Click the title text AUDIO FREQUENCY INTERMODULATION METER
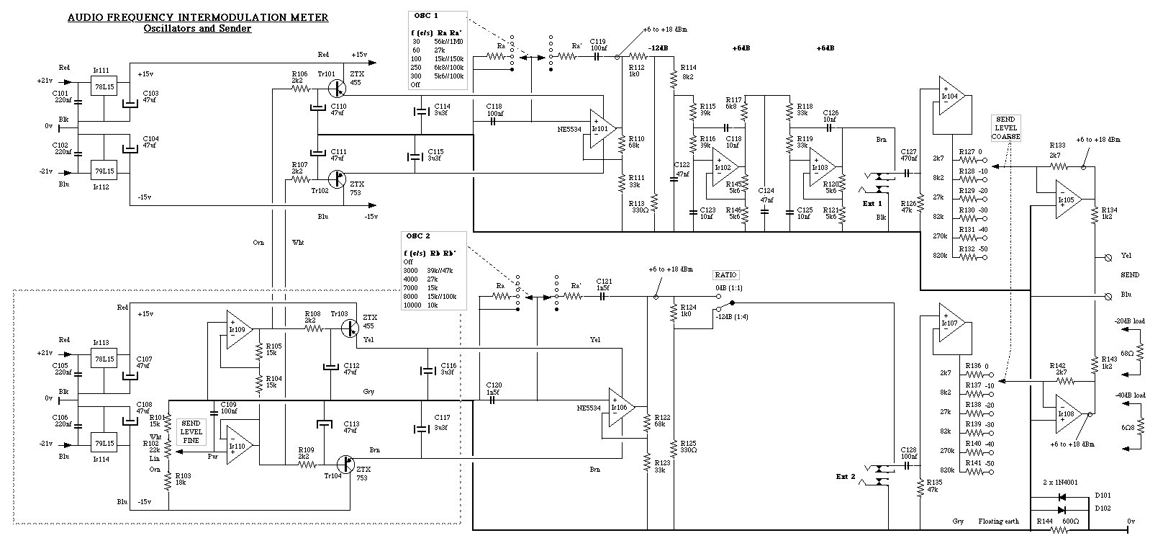pyautogui.click(x=198, y=17)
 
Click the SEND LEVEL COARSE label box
pyautogui.click(x=1005, y=128)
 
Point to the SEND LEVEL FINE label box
pyautogui.click(x=191, y=431)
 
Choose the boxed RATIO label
pyautogui.click(x=725, y=275)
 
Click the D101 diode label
pyautogui.click(x=1103, y=496)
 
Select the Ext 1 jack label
pyautogui.click(x=873, y=203)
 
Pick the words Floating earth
pyautogui.click(x=998, y=521)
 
